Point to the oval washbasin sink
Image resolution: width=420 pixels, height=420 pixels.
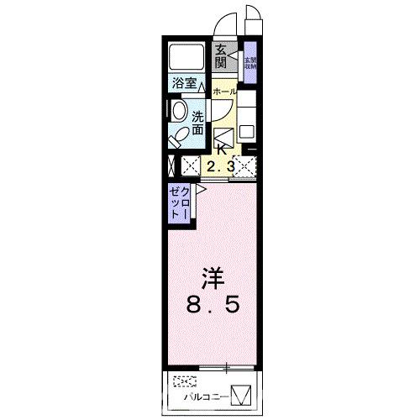click(179, 112)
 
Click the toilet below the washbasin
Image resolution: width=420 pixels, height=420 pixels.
click(180, 135)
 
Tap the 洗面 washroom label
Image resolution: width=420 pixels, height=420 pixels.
click(197, 123)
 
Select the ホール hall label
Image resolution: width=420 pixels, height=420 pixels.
click(223, 90)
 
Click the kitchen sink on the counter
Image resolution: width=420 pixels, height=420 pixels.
click(248, 132)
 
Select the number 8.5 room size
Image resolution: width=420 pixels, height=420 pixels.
click(213, 305)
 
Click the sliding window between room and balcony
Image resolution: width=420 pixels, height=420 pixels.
click(214, 366)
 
